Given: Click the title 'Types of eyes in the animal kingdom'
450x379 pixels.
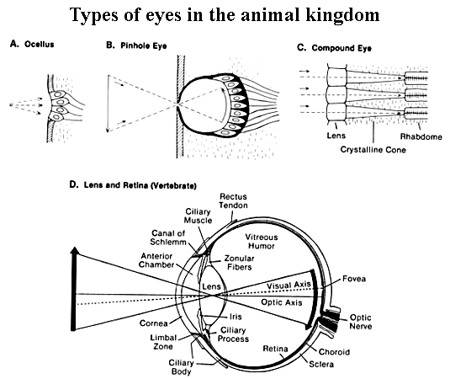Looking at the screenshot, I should pyautogui.click(x=225, y=16).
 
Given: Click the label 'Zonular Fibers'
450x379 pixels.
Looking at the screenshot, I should pyautogui.click(x=242, y=267).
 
